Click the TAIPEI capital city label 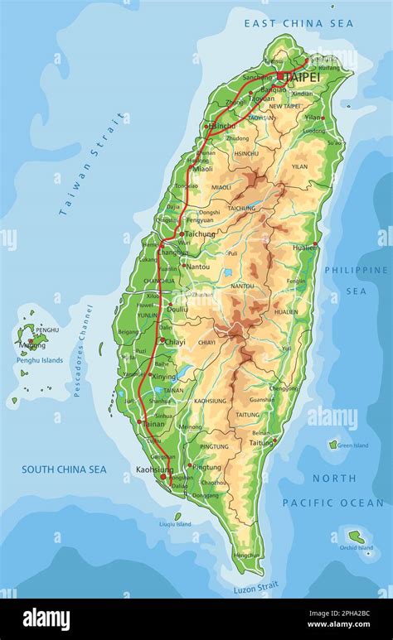[x=303, y=76]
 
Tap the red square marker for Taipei [x=281, y=76]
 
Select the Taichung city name [x=200, y=234]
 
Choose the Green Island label [x=353, y=445]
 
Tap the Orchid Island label [x=357, y=547]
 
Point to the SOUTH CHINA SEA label [x=64, y=469]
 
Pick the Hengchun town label [x=243, y=556]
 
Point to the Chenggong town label [x=284, y=387]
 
